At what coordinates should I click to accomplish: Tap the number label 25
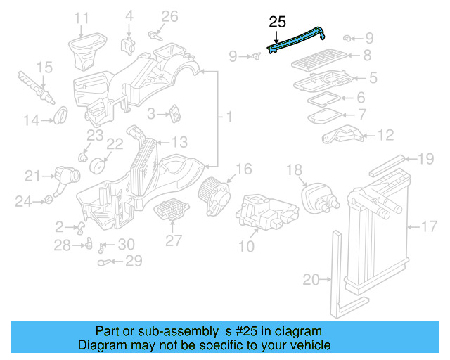coord(276,22)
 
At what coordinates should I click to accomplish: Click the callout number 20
coord(311,280)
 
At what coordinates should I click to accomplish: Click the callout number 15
coord(44,67)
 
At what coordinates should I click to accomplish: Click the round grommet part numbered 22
coord(98,165)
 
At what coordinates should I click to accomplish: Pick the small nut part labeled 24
coord(49,202)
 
